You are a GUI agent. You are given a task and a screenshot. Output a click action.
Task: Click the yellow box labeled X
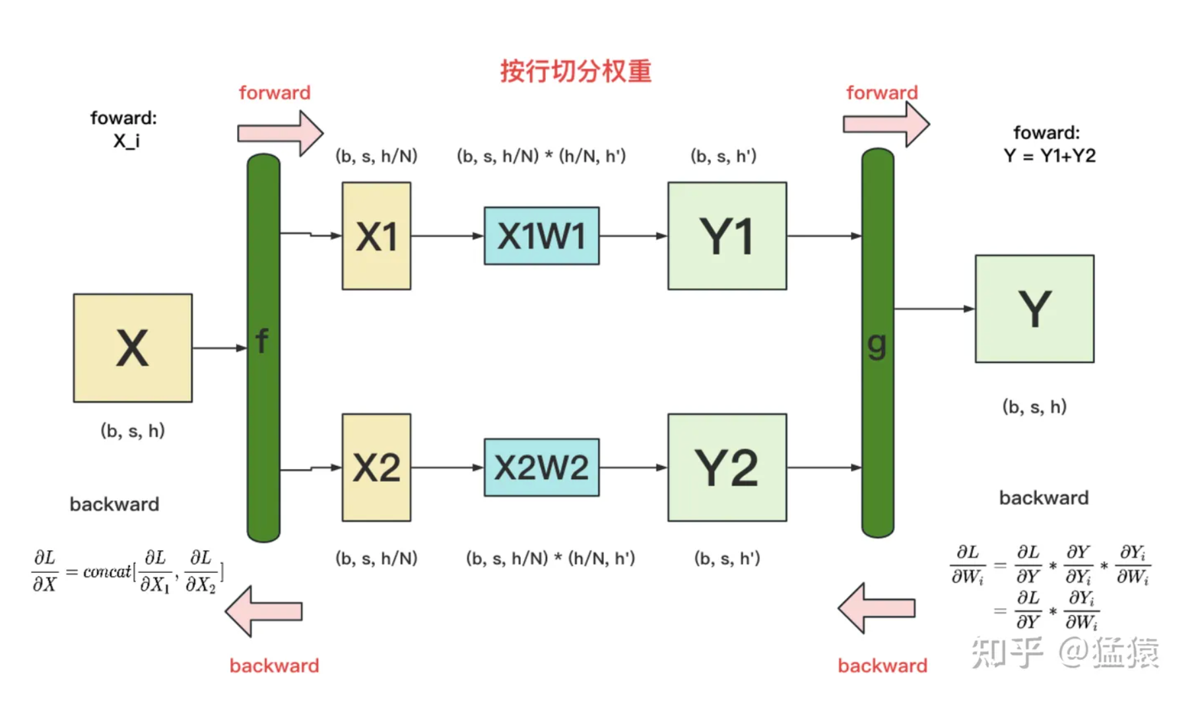click(133, 348)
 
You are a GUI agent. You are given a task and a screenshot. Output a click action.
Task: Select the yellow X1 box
click(376, 236)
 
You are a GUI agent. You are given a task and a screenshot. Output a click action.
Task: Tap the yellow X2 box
click(376, 467)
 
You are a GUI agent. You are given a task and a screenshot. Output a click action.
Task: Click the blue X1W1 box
click(541, 236)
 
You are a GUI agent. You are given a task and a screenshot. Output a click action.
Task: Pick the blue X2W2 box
click(541, 467)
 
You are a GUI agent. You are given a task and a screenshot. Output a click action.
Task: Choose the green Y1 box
click(727, 236)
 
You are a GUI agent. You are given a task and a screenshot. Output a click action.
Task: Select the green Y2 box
click(727, 467)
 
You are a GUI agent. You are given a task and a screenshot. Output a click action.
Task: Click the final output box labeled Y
click(1034, 308)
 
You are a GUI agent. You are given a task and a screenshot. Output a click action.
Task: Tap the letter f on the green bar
click(262, 341)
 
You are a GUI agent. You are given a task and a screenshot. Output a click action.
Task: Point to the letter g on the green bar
click(877, 344)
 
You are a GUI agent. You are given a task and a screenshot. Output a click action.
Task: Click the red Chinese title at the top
click(576, 71)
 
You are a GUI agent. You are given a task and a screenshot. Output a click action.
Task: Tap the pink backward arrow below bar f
click(264, 611)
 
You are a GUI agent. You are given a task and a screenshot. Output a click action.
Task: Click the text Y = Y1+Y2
click(1050, 156)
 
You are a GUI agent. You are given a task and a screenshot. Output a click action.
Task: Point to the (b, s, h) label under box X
click(133, 431)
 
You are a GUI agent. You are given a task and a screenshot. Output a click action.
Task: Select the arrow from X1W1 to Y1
click(633, 236)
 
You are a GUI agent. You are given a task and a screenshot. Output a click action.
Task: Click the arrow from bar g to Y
click(934, 308)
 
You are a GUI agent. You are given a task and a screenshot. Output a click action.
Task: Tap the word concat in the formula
click(107, 572)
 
